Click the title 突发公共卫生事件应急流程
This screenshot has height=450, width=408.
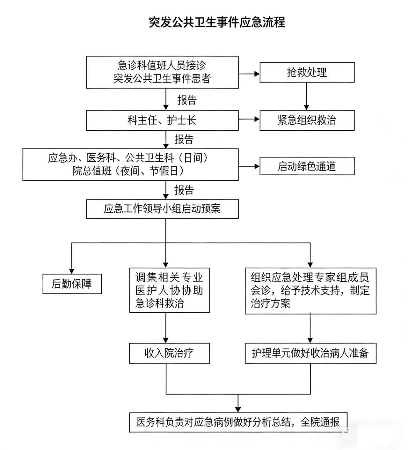pyautogui.click(x=217, y=22)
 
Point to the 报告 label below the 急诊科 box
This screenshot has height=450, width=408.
pyautogui.click(x=187, y=100)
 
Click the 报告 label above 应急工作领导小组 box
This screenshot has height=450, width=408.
pyautogui.click(x=184, y=190)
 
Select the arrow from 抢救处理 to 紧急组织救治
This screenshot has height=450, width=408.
pyautogui.click(x=307, y=96)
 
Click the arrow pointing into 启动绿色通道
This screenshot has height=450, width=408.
pyautogui.click(x=249, y=166)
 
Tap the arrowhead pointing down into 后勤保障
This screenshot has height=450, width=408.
pyautogui.click(x=72, y=271)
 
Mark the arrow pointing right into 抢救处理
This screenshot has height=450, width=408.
pyautogui.click(x=249, y=74)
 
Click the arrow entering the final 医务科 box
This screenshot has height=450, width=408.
pyautogui.click(x=238, y=403)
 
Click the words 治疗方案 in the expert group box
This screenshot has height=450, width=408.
pyautogui.click(x=271, y=303)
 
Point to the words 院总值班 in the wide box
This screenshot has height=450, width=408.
pyautogui.click(x=92, y=171)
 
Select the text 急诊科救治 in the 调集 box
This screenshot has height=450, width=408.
pyautogui.click(x=160, y=303)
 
